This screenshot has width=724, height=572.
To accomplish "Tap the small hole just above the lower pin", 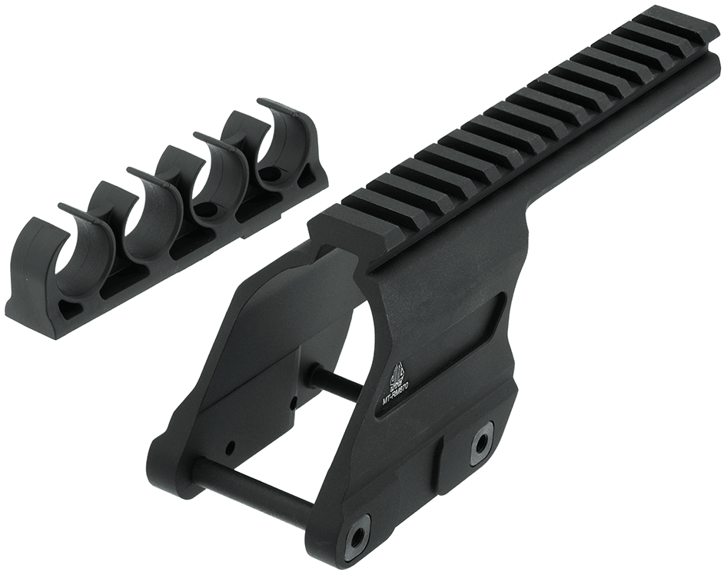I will click(230, 445).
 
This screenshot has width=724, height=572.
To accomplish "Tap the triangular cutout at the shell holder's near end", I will click(68, 308).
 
